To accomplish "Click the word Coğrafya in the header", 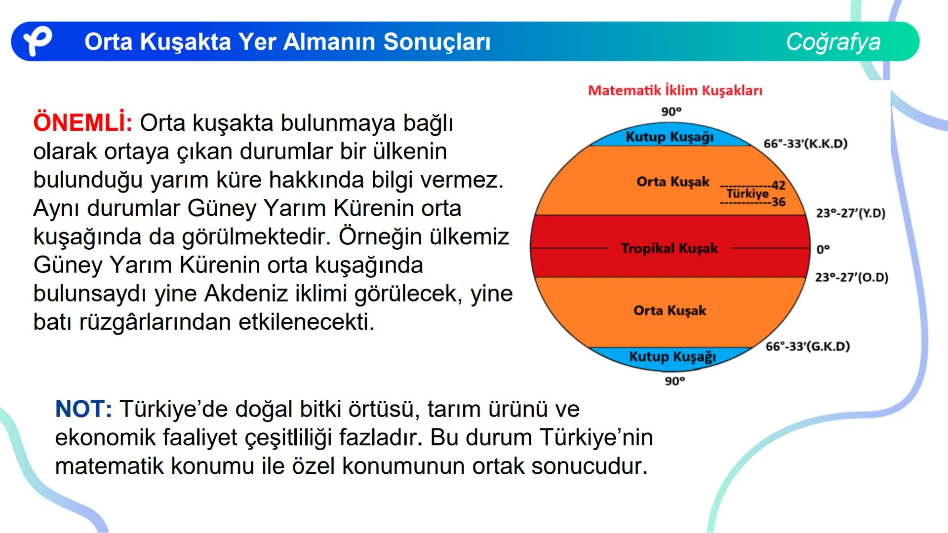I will tap(833, 41).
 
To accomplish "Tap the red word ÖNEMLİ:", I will tap(82, 123).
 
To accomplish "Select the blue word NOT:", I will tap(83, 409).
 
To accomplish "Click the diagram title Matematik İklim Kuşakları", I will tap(675, 90).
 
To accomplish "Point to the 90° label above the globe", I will tap(671, 112).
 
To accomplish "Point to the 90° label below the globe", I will tap(674, 381).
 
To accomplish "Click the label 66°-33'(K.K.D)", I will tap(805, 144).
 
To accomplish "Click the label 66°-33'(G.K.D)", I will tap(807, 346).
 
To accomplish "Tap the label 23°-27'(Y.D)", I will tap(850, 213).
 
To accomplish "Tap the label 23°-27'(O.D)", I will tap(851, 277).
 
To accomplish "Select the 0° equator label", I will tap(823, 249).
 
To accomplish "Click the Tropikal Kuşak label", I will tap(669, 248).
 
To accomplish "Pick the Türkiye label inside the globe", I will tap(747, 193).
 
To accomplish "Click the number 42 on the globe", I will tap(778, 185).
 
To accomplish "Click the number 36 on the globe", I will tap(778, 202).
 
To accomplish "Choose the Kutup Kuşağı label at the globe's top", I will tap(670, 137).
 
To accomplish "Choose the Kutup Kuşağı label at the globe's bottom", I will tap(672, 356).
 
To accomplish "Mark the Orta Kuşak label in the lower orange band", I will tap(670, 310).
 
